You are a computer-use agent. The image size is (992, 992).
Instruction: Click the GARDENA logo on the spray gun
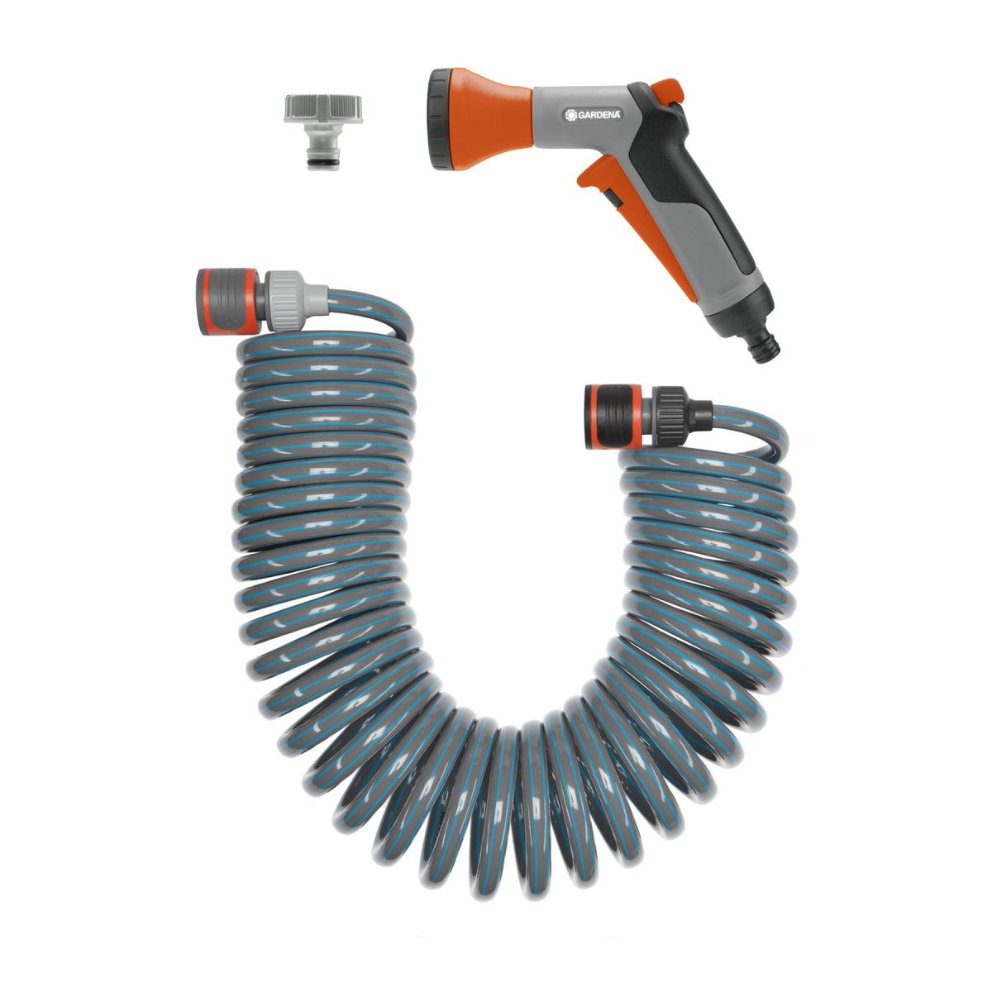593,115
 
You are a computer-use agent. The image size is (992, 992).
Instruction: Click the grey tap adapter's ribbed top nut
322,109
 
